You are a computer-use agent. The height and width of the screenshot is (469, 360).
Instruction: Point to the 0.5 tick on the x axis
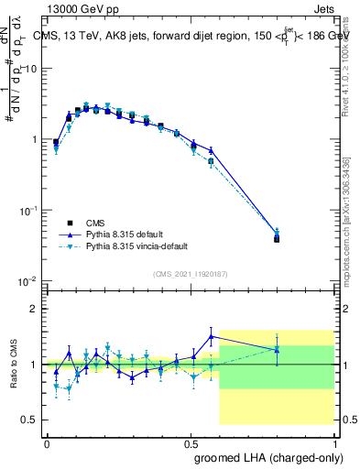point(191,442)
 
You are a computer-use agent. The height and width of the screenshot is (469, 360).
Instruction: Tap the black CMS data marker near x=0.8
point(277,239)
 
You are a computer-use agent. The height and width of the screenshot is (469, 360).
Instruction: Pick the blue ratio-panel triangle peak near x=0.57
point(212,336)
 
